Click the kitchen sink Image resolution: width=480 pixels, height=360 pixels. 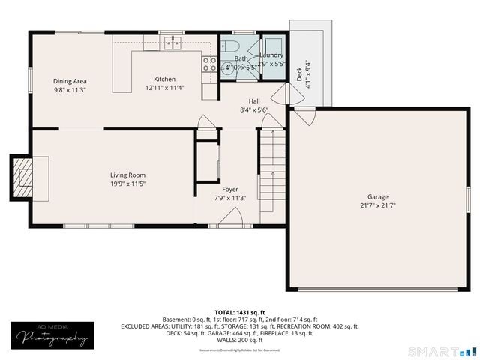tap(174, 43)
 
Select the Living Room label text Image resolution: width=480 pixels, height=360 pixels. tap(127, 175)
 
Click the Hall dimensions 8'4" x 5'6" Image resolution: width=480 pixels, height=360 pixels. tap(254, 109)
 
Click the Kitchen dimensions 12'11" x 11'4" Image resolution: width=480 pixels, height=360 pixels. tap(164, 88)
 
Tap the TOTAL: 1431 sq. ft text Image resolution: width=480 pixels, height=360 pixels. tap(239, 312)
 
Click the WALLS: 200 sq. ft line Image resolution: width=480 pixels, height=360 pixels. tap(239, 340)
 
